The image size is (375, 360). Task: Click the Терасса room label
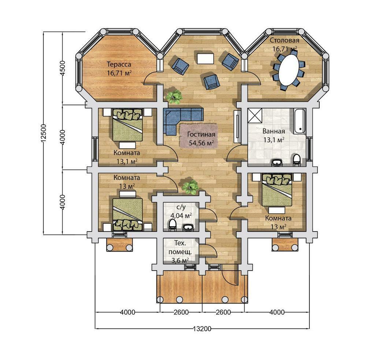click(x=119, y=64)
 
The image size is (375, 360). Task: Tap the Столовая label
click(x=284, y=40)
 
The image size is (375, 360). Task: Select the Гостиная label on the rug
click(x=201, y=134)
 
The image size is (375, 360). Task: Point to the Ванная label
click(x=274, y=131)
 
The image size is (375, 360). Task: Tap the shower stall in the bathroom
click(x=255, y=115)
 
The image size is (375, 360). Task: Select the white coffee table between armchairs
click(x=205, y=58)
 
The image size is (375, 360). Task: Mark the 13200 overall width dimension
click(x=202, y=329)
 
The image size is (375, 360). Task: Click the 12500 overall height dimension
click(x=44, y=133)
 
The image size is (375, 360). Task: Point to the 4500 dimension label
click(x=63, y=68)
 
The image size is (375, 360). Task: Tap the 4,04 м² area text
click(x=181, y=216)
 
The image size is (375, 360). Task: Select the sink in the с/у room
click(x=189, y=228)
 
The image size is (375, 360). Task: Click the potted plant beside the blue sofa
click(x=174, y=97)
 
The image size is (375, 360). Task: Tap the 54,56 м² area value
click(x=201, y=143)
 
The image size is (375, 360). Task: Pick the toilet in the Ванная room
click(x=297, y=160)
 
